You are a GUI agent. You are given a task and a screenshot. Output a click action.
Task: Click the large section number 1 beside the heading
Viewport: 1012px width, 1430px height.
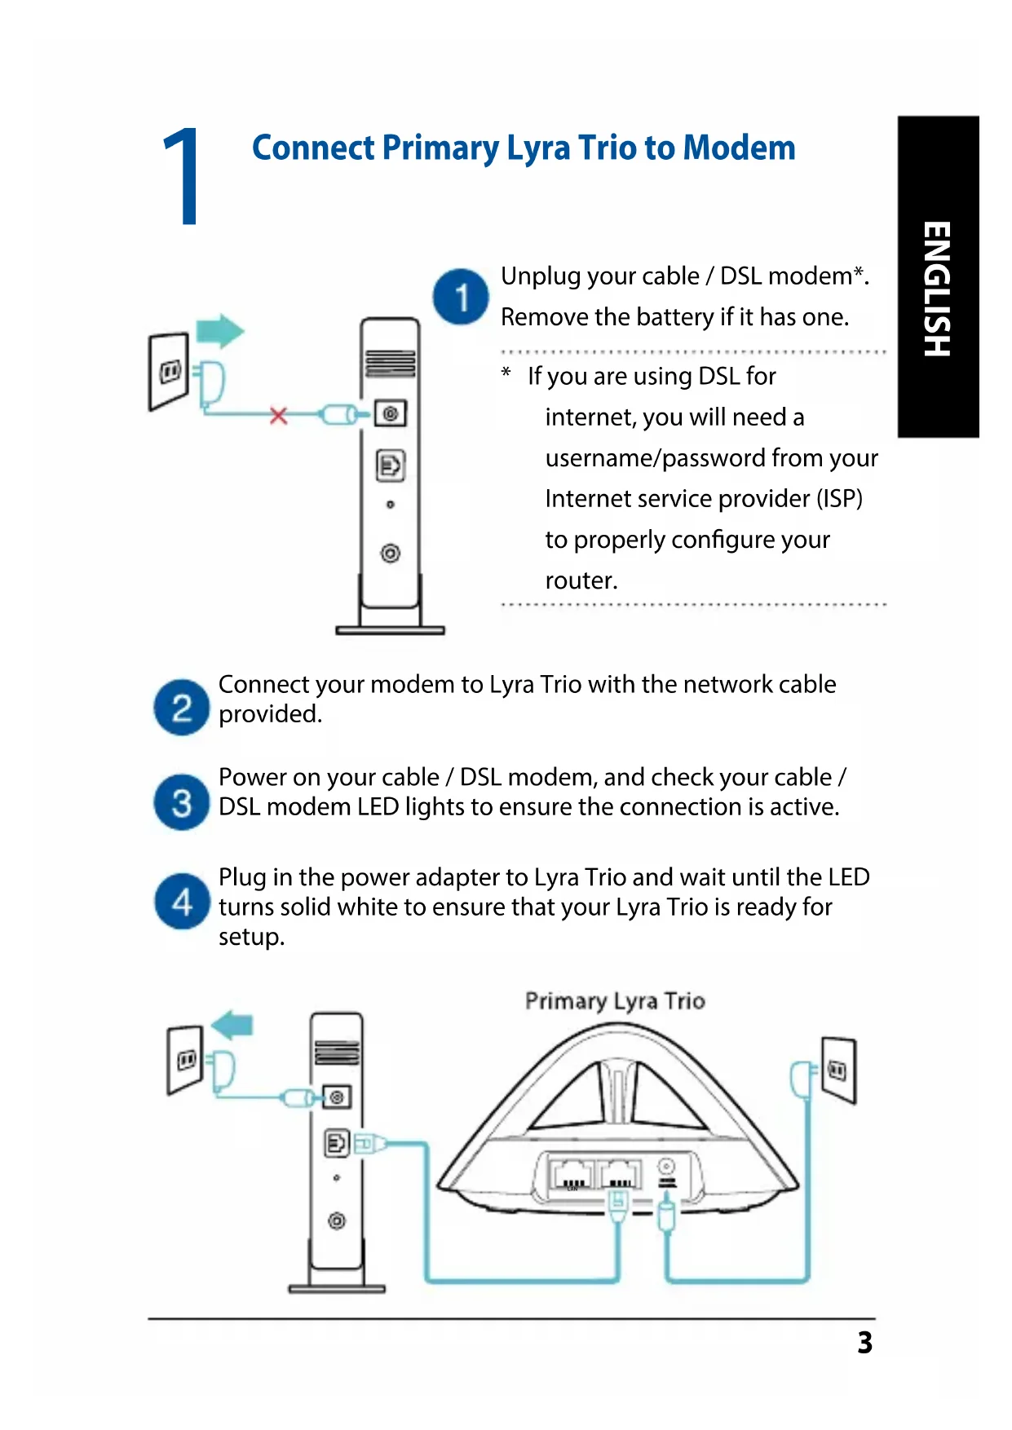(x=183, y=176)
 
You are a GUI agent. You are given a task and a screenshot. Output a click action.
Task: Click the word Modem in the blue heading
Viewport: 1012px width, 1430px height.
(x=739, y=148)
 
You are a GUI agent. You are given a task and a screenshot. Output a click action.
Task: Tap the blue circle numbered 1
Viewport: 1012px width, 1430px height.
(x=461, y=297)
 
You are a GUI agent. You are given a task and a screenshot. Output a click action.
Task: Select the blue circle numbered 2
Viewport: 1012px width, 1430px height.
(x=182, y=707)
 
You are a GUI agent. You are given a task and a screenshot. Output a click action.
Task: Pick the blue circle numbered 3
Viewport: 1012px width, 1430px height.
(x=182, y=802)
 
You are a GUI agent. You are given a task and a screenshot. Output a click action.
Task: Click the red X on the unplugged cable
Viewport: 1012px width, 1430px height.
(x=279, y=416)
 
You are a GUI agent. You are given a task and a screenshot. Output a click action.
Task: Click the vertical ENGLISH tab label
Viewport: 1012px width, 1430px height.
(x=937, y=289)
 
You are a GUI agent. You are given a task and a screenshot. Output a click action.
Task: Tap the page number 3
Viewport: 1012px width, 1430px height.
(x=864, y=1342)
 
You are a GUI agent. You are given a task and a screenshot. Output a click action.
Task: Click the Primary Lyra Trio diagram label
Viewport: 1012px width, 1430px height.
(x=615, y=1000)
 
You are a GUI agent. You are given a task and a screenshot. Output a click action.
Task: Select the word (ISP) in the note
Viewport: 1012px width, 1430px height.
(x=839, y=498)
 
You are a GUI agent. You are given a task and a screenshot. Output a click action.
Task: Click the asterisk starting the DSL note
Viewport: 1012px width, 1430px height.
(x=506, y=374)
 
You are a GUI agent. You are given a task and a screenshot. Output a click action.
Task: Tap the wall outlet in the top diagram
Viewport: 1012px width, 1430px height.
(x=170, y=372)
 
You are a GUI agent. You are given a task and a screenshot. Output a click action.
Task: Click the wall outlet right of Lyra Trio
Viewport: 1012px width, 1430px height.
(x=837, y=1070)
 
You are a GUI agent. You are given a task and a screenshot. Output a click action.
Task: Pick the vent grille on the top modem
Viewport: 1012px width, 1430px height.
(x=390, y=363)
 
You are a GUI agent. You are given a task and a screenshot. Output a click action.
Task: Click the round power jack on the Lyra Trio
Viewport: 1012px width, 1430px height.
(x=666, y=1167)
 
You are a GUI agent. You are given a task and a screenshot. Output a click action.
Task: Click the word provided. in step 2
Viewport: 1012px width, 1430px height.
(x=270, y=714)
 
